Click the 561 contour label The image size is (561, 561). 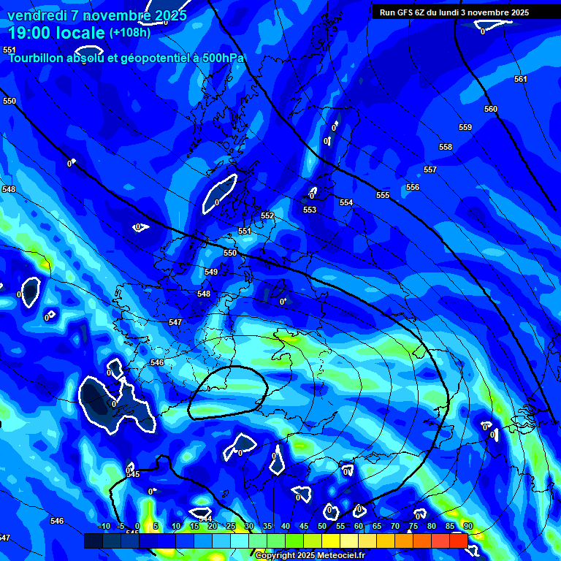[x=520, y=79]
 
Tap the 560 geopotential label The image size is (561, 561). [x=491, y=109]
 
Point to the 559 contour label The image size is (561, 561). [x=465, y=128]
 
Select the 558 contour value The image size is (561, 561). [x=446, y=148]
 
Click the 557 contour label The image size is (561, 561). [x=430, y=170]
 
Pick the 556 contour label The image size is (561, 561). [x=413, y=188]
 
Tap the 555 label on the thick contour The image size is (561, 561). [x=383, y=195]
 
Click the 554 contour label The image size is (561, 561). [x=346, y=202]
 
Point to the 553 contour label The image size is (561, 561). [x=310, y=210]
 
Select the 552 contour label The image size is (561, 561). [x=267, y=216]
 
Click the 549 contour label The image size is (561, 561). [x=211, y=272]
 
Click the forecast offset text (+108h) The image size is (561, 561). [x=130, y=33]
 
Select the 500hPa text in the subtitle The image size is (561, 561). [x=220, y=58]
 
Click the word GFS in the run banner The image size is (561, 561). [x=404, y=12]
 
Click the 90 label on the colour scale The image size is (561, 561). [x=467, y=526]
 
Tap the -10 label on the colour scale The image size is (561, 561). [x=104, y=526]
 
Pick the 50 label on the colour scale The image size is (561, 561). [x=322, y=526]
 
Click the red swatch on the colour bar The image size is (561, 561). [x=458, y=541]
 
